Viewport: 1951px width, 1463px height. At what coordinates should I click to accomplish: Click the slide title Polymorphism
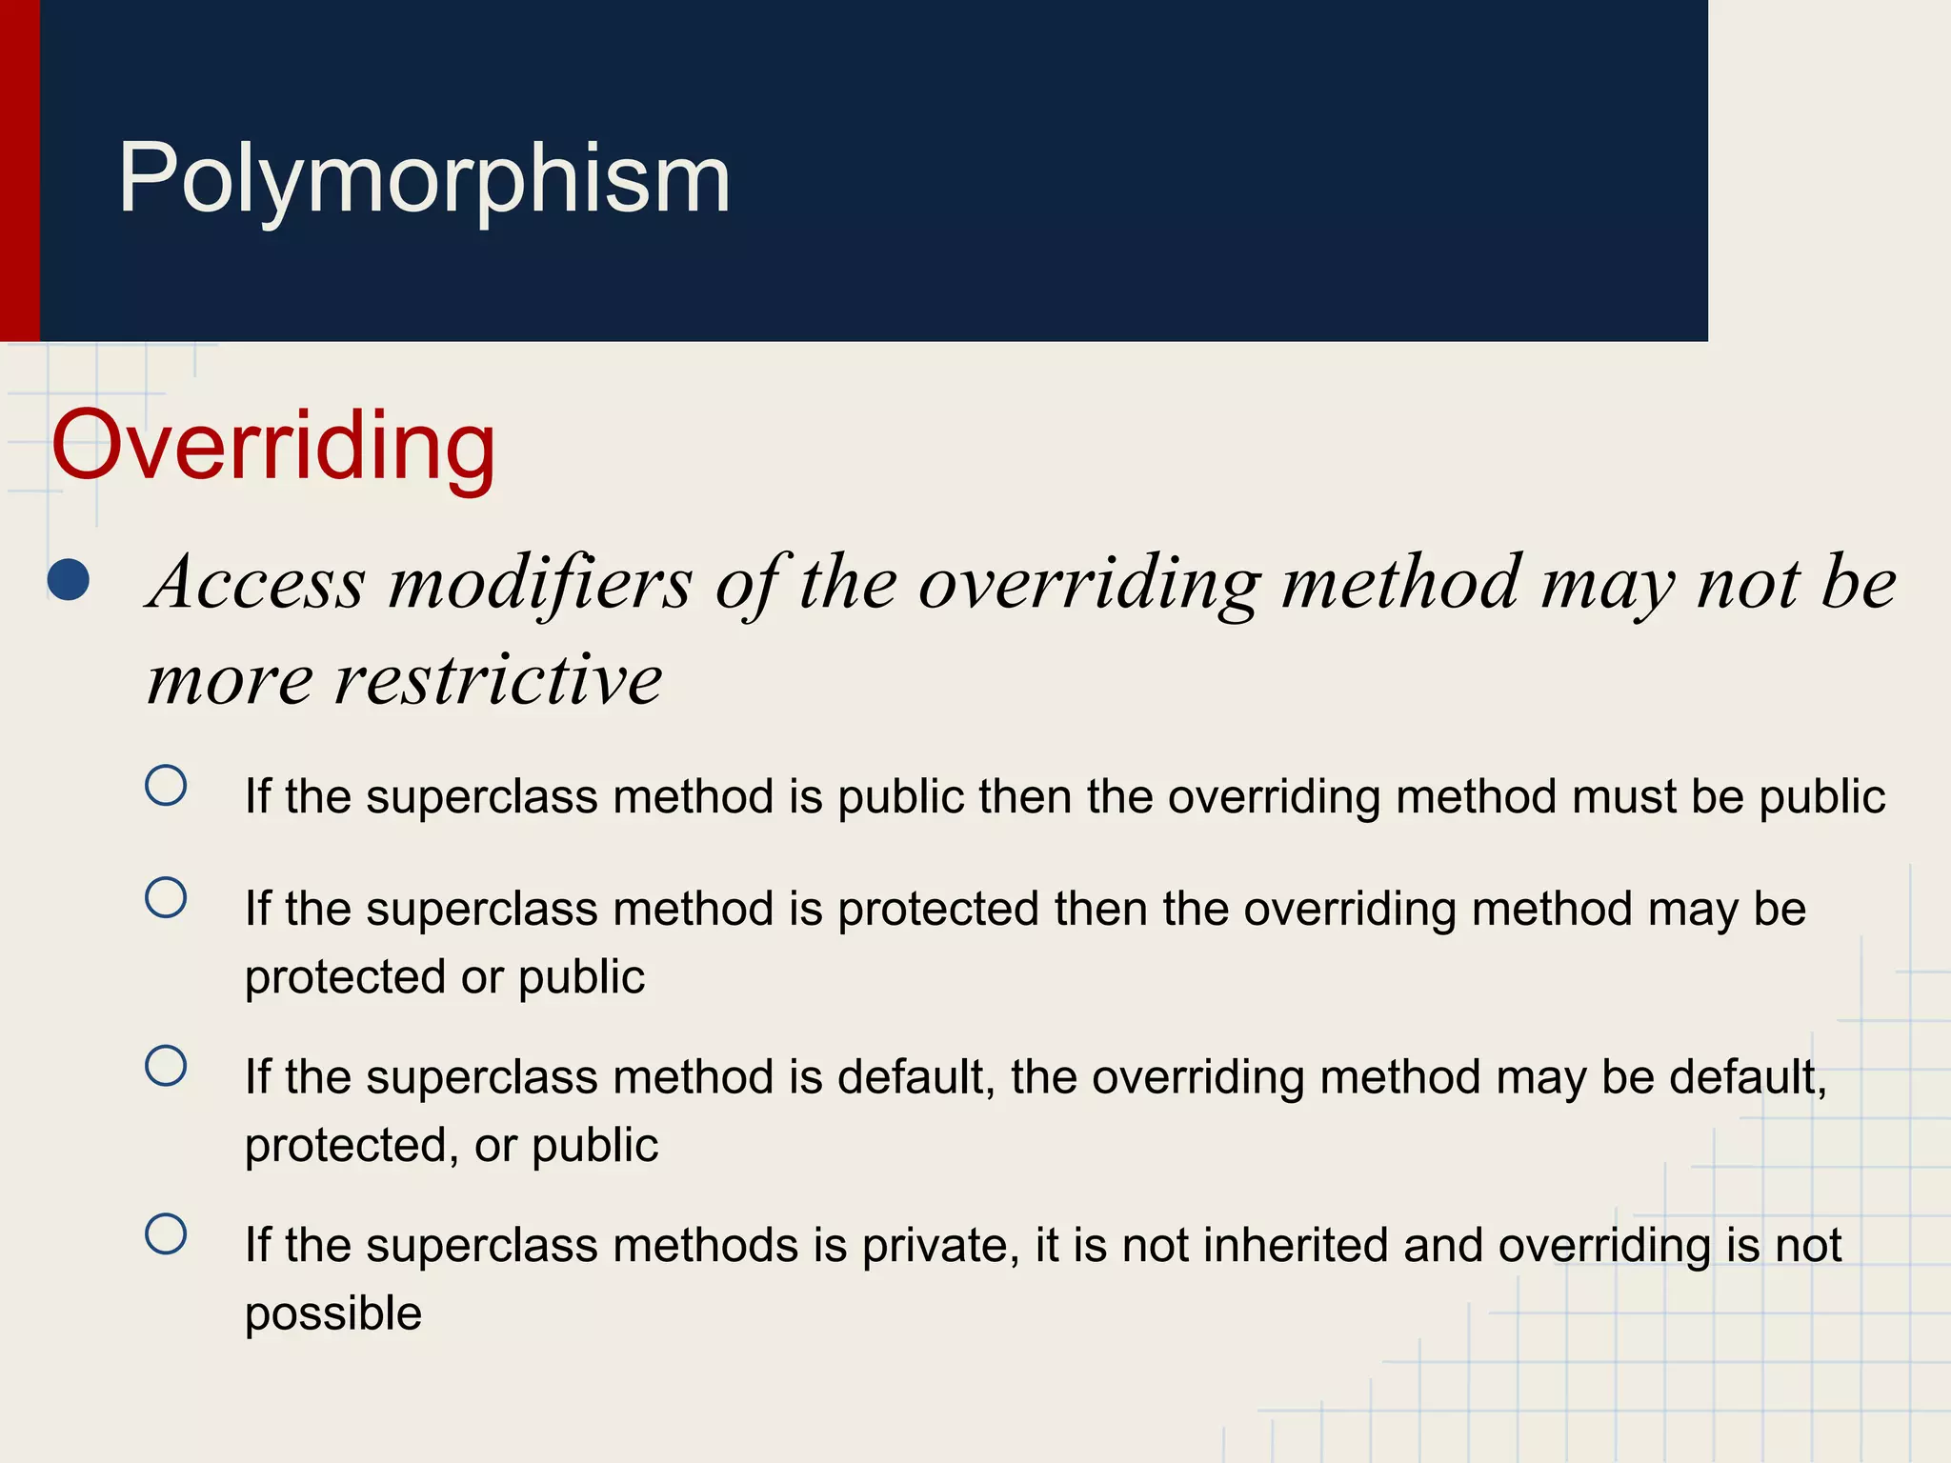click(x=424, y=179)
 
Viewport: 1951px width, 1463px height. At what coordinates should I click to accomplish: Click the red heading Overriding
click(x=273, y=446)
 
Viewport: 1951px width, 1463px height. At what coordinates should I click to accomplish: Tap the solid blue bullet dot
click(x=69, y=581)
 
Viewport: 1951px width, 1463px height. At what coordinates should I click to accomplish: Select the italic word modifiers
click(x=540, y=583)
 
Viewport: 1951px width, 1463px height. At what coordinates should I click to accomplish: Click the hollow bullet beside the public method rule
click(x=166, y=786)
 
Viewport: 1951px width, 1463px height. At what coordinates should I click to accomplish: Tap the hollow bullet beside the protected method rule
click(x=166, y=897)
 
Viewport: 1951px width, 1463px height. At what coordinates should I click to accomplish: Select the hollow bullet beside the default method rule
click(x=166, y=1066)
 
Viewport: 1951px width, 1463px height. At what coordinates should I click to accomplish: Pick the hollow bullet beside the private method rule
click(x=166, y=1234)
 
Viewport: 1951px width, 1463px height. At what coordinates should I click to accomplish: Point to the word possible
click(x=333, y=1314)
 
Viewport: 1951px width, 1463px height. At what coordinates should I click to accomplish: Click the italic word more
click(x=230, y=680)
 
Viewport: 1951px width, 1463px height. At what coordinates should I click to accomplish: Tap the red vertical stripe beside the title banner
click(x=19, y=170)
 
